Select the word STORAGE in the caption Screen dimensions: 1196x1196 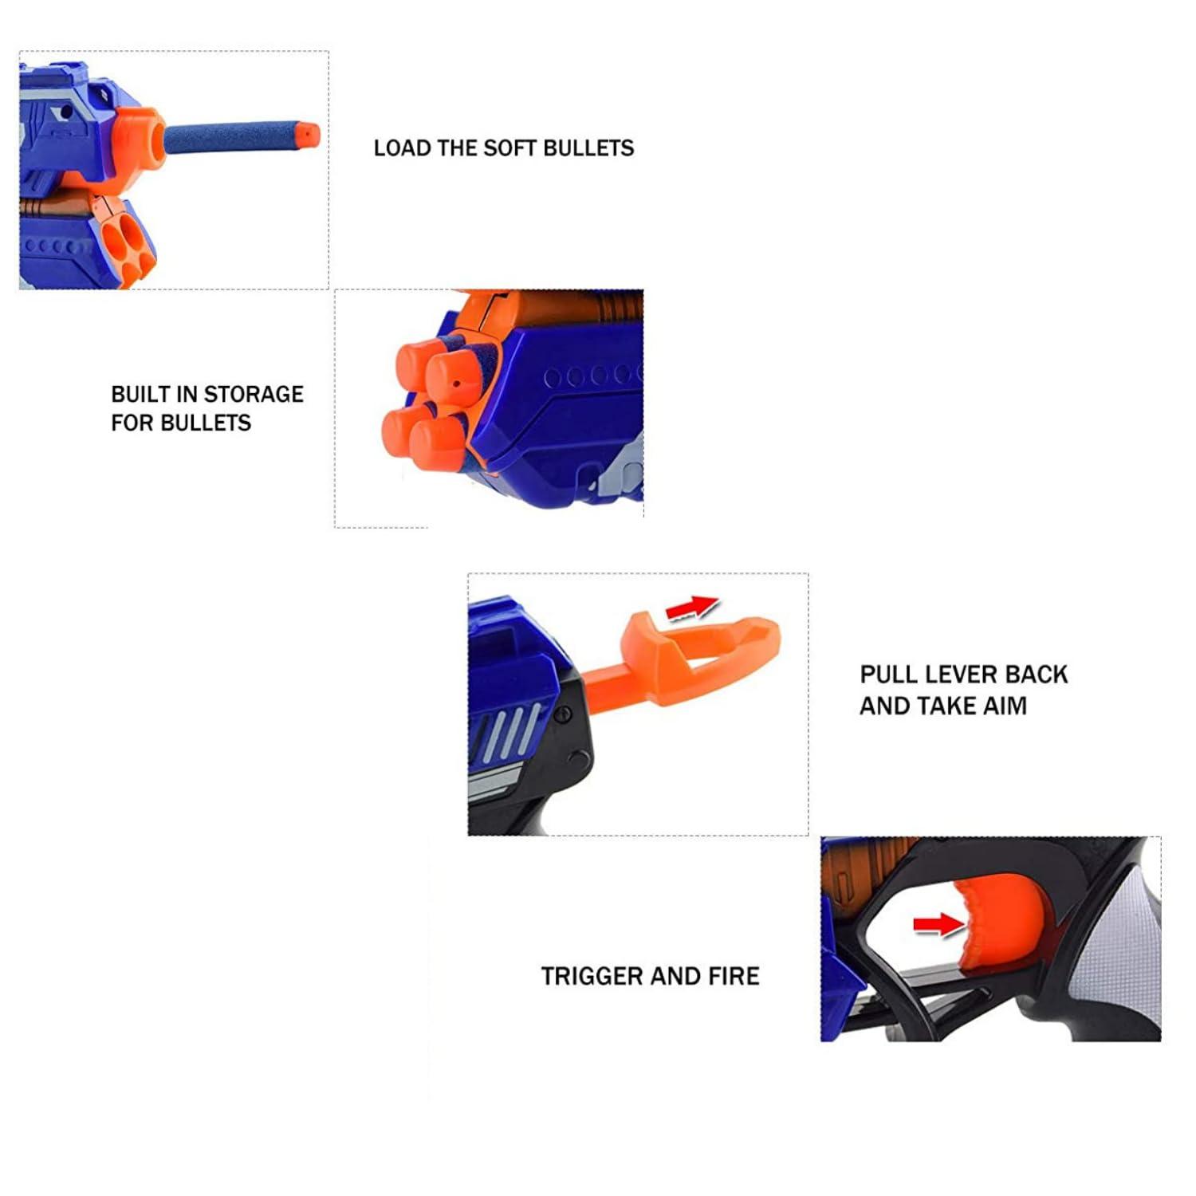254,395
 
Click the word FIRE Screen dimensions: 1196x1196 733,976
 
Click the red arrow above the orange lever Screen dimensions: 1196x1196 692,608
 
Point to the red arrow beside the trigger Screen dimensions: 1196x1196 938,924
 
